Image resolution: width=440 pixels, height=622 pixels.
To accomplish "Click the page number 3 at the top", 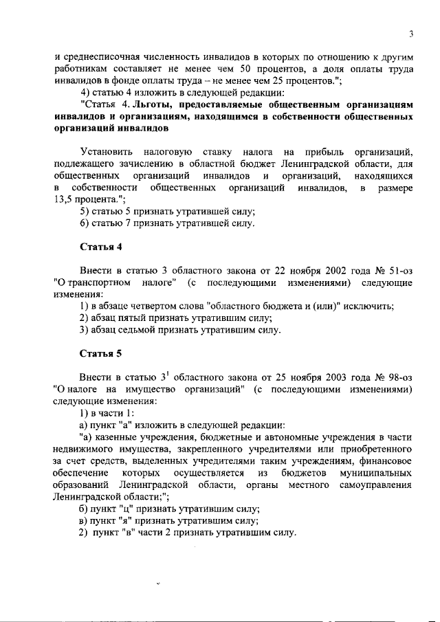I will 410,34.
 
